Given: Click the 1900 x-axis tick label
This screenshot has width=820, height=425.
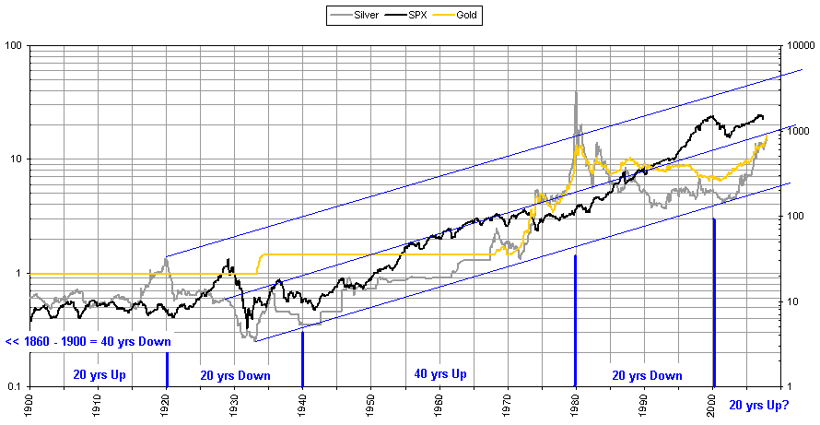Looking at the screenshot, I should (x=31, y=403).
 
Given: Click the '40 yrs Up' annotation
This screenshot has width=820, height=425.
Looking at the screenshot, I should (x=439, y=374).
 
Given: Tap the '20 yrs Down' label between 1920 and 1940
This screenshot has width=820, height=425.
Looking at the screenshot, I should (x=235, y=375).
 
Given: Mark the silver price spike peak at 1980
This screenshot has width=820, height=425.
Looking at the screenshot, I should (x=576, y=92).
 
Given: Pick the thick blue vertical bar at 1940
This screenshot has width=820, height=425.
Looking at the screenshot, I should (x=303, y=359).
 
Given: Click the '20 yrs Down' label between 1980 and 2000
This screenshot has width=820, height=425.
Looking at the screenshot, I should (x=647, y=375).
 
